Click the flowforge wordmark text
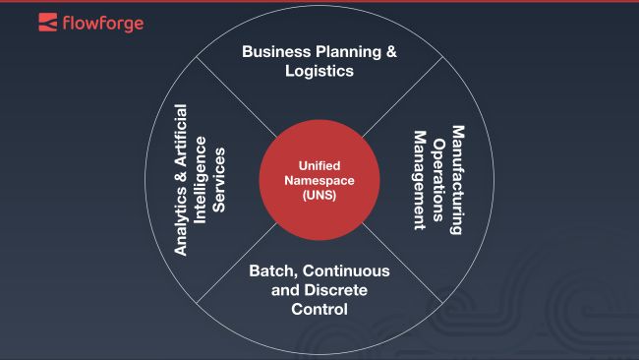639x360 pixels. tap(102, 21)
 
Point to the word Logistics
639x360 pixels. tap(319, 71)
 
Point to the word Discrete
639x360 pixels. tap(334, 290)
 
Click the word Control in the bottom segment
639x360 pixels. tap(319, 310)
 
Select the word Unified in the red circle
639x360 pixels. tap(319, 166)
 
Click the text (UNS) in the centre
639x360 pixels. tap(319, 196)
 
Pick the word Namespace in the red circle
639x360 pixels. tap(319, 181)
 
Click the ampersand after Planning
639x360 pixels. tap(391, 51)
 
